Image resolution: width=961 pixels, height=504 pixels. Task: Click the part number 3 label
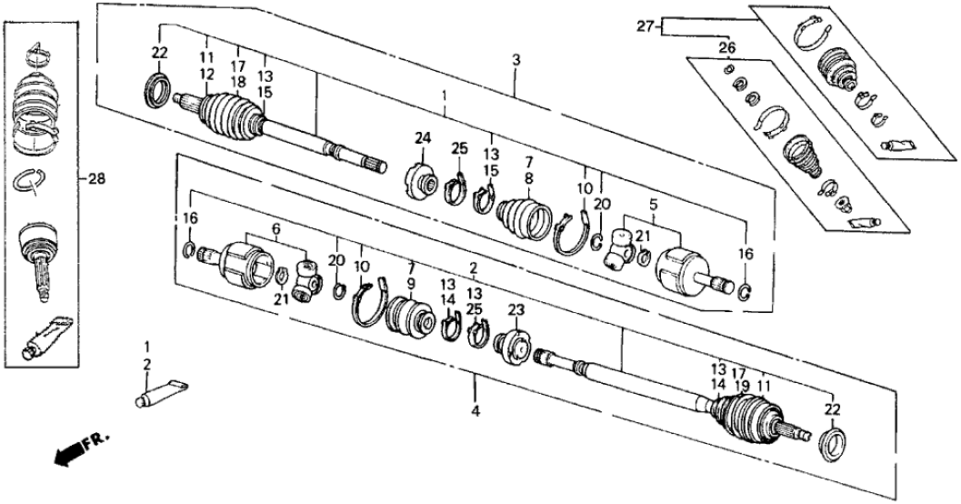pyautogui.click(x=516, y=59)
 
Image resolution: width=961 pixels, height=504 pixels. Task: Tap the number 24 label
pyautogui.click(x=422, y=138)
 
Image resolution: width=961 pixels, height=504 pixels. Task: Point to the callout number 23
pyautogui.click(x=516, y=309)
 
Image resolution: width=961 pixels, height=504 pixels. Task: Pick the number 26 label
pyautogui.click(x=726, y=47)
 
